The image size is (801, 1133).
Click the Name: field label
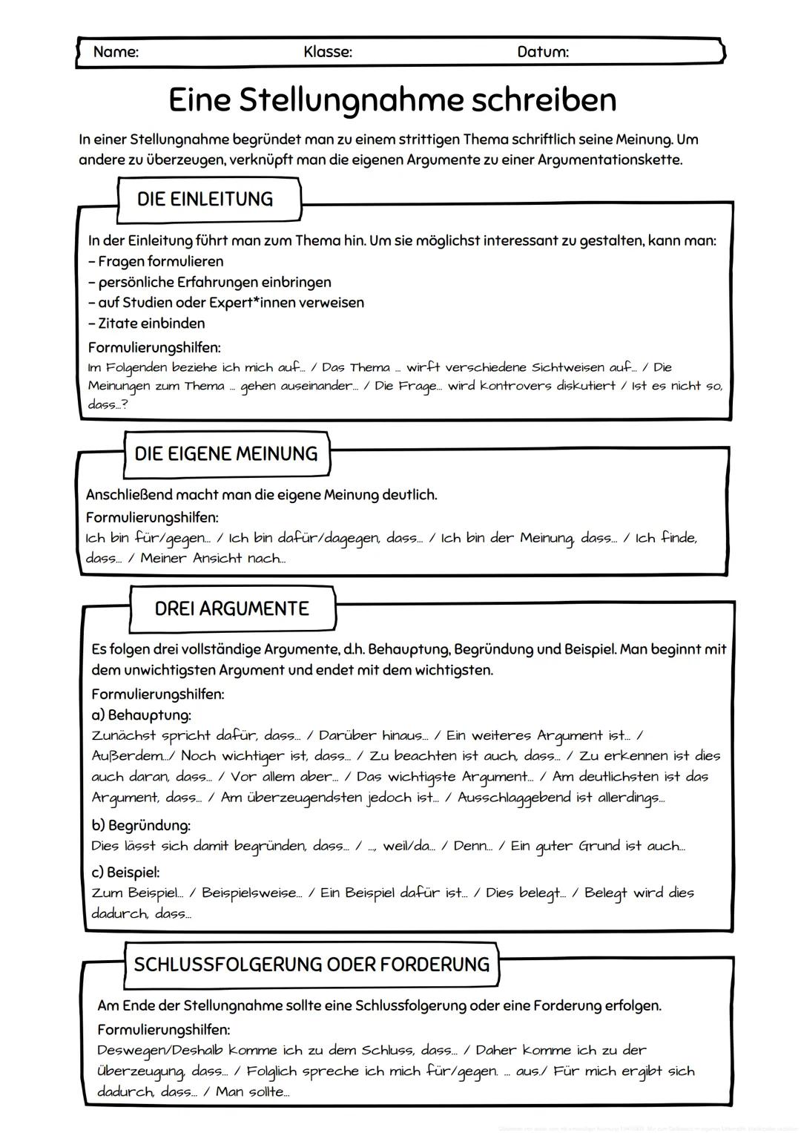pos(116,52)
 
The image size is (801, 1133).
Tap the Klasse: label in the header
pos(328,52)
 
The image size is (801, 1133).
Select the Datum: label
pos(543,52)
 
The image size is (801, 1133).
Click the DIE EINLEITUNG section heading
pos(205,199)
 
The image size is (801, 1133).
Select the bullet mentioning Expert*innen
pos(231,302)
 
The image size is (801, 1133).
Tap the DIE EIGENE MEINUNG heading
pos(225,453)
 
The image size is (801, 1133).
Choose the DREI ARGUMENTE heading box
pos(231,608)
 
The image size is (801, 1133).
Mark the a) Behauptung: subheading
pos(141,715)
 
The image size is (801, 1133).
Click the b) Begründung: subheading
pos(141,825)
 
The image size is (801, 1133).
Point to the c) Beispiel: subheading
pos(125,872)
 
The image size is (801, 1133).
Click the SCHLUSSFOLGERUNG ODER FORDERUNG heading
pos(311,965)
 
